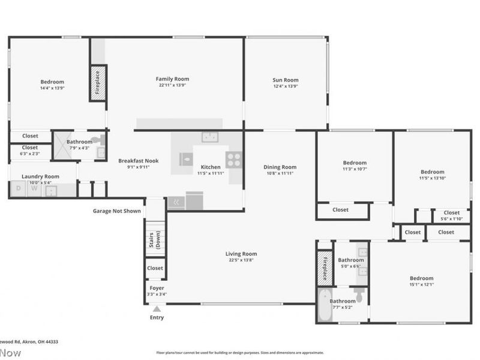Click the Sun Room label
click(285, 80)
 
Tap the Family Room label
click(172, 79)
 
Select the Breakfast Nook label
click(138, 161)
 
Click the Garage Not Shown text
click(117, 211)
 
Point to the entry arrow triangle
click(156, 309)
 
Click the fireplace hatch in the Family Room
click(98, 83)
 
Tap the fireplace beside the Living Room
click(325, 267)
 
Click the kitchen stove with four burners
click(234, 159)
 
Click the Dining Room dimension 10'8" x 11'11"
click(280, 173)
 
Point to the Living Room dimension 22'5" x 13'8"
click(241, 260)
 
